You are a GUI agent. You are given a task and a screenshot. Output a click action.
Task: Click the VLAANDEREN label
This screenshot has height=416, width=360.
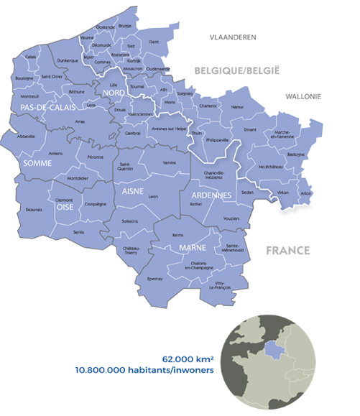[x=232, y=37]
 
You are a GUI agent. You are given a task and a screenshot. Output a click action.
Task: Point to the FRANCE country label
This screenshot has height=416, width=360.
[x=287, y=251]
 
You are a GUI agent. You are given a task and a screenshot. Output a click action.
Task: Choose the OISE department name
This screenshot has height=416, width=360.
[x=65, y=207]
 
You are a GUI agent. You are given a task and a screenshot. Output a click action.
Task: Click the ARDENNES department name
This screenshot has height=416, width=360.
[x=210, y=195]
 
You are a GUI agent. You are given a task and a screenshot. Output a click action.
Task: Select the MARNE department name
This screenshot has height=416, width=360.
[x=184, y=249]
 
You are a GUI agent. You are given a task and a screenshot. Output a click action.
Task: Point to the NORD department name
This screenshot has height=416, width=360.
[x=114, y=94]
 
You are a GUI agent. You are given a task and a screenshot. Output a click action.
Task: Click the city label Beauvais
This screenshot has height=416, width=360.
[x=33, y=210]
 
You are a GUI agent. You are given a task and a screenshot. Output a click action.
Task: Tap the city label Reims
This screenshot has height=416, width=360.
[x=178, y=235]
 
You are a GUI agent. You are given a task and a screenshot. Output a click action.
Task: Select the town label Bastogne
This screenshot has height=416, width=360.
[x=295, y=154]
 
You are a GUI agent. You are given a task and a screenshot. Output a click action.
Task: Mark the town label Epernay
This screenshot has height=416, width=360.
[x=155, y=279]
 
